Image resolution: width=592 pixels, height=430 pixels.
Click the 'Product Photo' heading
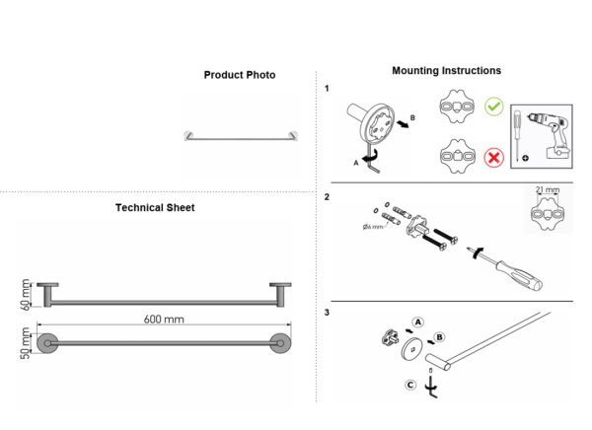[240, 75]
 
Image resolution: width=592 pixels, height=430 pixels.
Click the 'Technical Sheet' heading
[155, 208]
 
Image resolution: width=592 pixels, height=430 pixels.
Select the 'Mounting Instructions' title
[447, 71]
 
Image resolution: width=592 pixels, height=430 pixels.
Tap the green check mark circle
[494, 107]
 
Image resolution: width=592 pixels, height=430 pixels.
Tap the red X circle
[494, 157]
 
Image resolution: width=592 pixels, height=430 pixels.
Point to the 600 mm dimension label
[164, 320]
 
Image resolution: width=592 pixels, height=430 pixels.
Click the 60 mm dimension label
[26, 295]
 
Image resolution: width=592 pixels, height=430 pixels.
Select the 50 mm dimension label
[26, 343]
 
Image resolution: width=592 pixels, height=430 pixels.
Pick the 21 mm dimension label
[548, 189]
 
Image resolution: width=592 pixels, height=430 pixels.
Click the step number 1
[327, 89]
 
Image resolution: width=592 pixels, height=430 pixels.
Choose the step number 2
[327, 197]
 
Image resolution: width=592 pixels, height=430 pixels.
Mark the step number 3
[327, 313]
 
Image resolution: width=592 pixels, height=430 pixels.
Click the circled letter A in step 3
[417, 322]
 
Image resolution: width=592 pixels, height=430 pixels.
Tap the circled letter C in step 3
[410, 385]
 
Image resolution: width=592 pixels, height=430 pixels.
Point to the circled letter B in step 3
[439, 337]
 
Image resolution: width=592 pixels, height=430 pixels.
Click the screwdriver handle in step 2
[520, 275]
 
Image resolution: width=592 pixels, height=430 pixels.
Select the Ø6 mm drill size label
[373, 227]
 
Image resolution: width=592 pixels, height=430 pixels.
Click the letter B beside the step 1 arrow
[412, 117]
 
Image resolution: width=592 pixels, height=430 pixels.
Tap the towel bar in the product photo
[242, 137]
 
